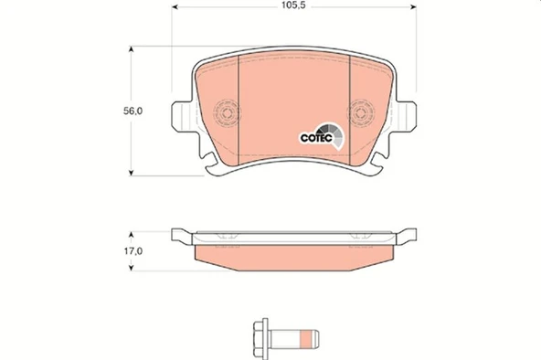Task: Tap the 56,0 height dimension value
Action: (x=133, y=111)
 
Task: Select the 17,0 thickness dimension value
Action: (x=133, y=249)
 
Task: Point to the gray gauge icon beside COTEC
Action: (x=337, y=134)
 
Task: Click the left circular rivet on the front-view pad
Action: (x=225, y=114)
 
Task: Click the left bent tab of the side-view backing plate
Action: (x=184, y=236)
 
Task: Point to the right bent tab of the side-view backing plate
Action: (x=404, y=236)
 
